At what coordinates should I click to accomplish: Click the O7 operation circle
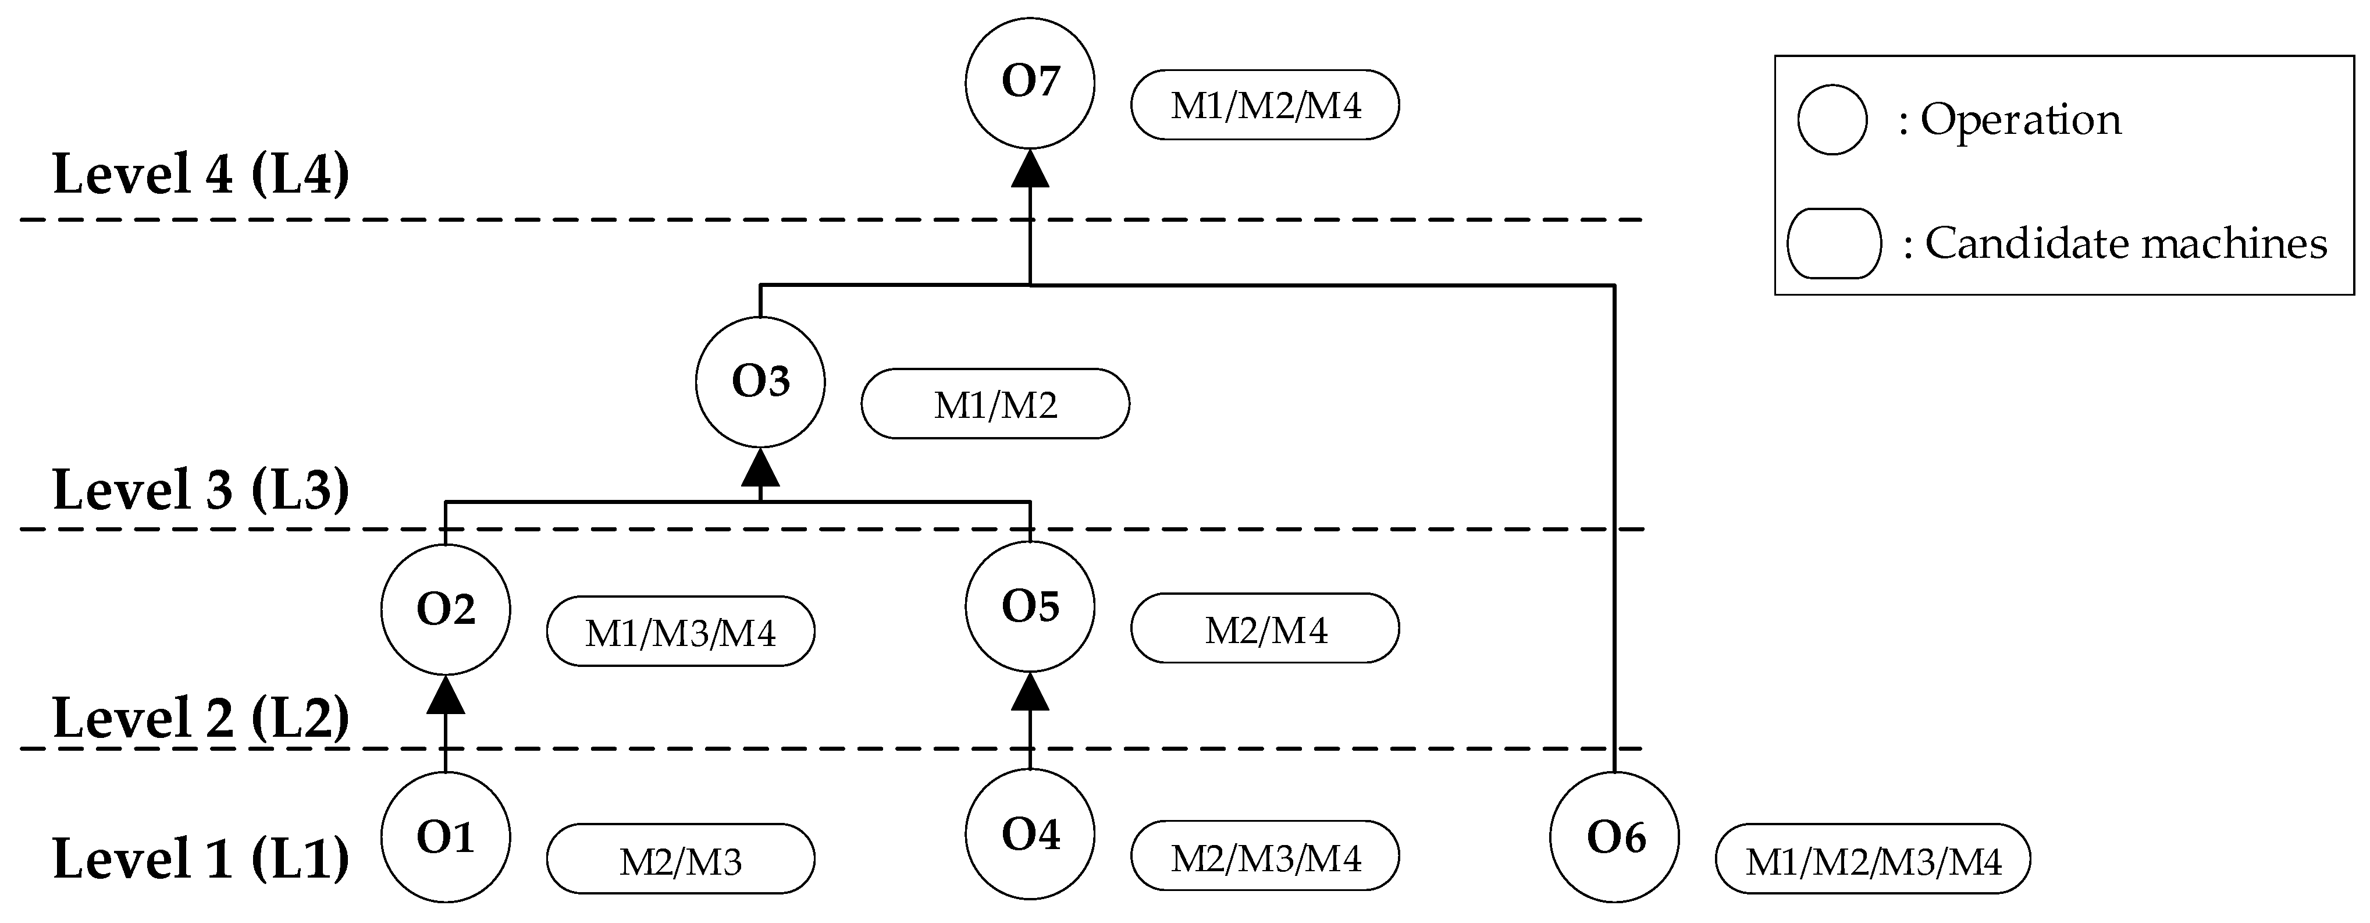click(1030, 83)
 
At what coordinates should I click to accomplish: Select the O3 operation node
click(760, 382)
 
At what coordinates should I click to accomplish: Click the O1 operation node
click(445, 836)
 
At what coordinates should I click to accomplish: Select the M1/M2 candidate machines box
click(995, 404)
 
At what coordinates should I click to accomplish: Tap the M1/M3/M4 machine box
click(680, 632)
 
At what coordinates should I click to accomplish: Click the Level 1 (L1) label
click(201, 858)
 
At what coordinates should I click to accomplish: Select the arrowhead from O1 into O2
click(445, 695)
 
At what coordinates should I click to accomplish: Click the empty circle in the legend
click(1832, 120)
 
